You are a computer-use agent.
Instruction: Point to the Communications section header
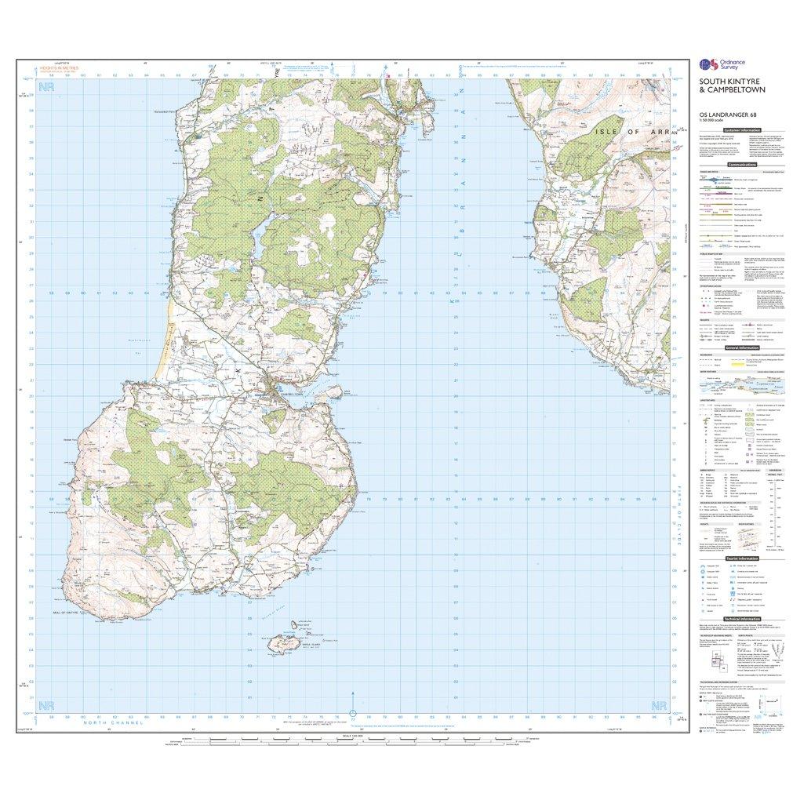(741, 165)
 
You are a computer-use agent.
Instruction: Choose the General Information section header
(741, 347)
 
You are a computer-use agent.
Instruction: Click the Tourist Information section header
(741, 558)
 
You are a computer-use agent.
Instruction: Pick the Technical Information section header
(741, 619)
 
